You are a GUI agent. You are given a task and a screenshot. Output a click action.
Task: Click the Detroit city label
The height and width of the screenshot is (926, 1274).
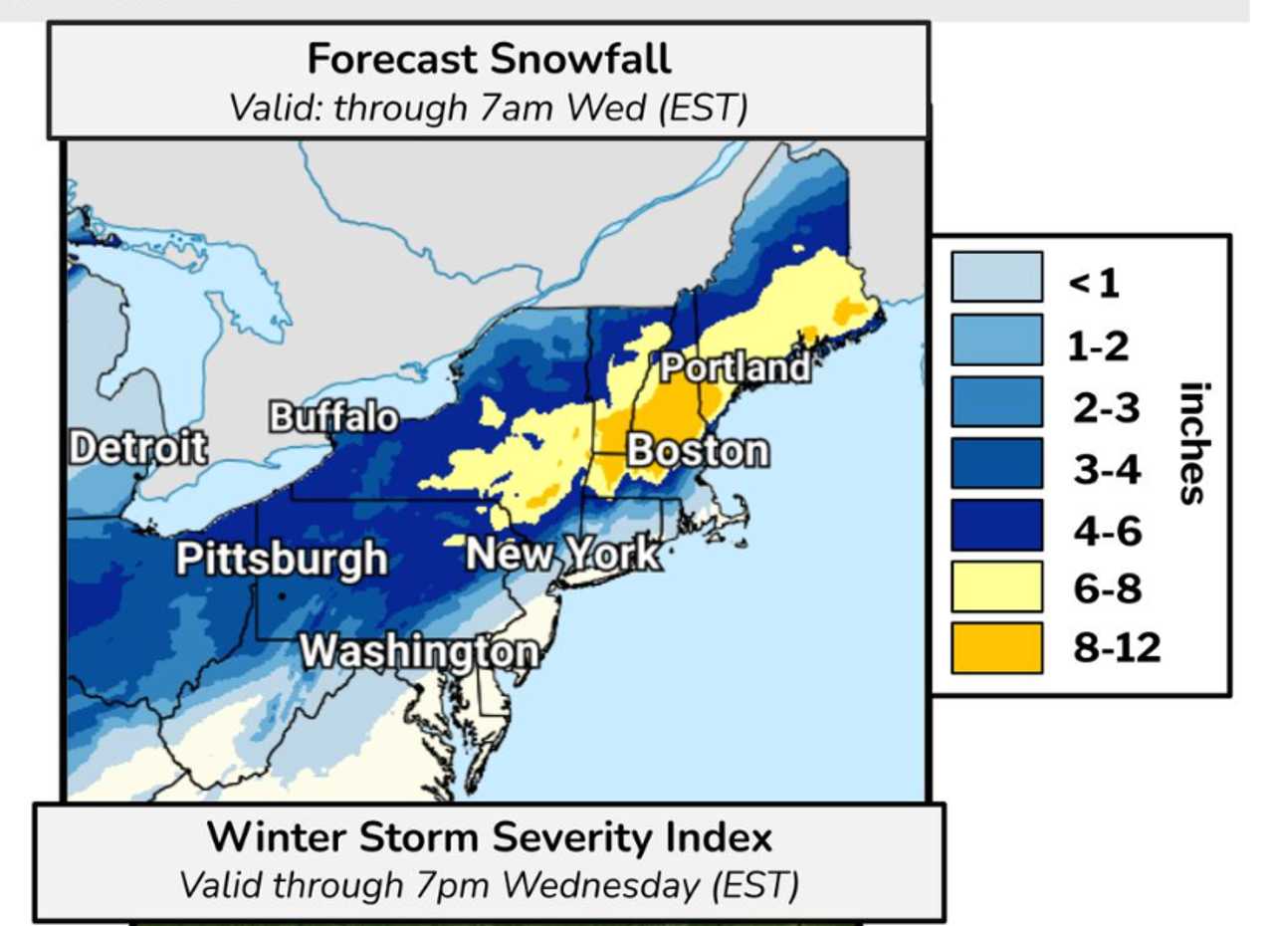(x=138, y=448)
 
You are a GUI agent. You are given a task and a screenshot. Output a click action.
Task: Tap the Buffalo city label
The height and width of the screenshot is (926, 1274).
(x=334, y=418)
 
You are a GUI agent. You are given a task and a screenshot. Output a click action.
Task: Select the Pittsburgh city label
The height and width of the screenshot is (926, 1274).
(x=282, y=559)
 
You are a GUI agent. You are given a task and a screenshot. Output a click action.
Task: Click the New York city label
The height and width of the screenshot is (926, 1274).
(x=562, y=554)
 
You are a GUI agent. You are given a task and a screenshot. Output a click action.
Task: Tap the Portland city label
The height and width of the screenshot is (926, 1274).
(x=736, y=368)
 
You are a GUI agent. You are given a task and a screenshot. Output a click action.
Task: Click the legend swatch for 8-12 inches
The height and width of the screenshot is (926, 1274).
(x=996, y=648)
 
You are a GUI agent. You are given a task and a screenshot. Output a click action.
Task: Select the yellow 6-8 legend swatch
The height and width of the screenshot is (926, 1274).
(x=996, y=587)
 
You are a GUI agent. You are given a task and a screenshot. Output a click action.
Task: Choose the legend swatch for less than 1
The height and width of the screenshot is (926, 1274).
(x=996, y=277)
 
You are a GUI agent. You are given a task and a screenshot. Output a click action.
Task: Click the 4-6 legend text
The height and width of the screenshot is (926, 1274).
(x=1107, y=530)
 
